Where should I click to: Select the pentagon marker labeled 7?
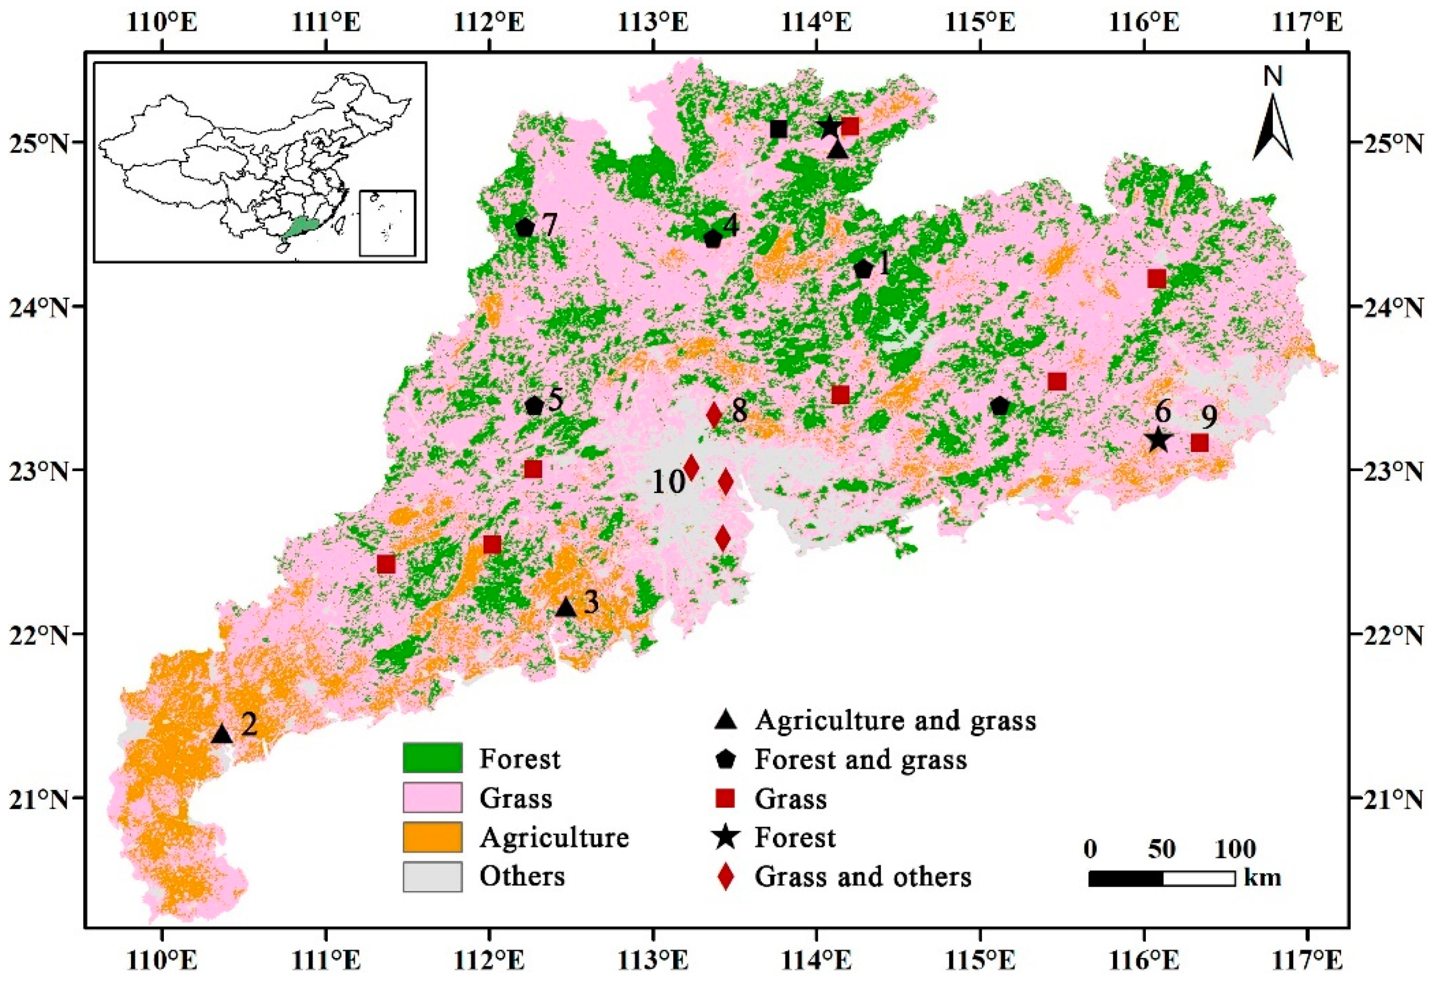(524, 227)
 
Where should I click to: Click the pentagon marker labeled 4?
(712, 238)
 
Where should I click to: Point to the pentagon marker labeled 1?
(863, 269)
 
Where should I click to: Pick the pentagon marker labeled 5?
(534, 406)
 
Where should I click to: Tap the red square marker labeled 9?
(1199, 443)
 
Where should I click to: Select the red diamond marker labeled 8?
(714, 415)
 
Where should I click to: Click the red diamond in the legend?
(727, 876)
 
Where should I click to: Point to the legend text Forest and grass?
(861, 759)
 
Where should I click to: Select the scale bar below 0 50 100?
(1161, 878)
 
